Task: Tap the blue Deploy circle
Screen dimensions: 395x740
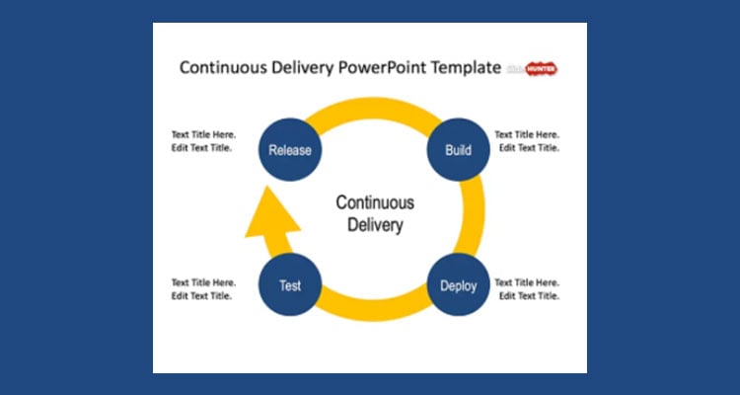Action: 458,285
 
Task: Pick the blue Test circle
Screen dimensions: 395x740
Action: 289,285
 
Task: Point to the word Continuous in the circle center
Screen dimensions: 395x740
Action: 375,202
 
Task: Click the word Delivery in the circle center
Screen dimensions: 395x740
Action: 375,225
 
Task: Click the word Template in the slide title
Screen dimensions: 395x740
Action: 467,68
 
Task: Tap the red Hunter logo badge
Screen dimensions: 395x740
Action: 542,69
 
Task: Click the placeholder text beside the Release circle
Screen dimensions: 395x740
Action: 202,141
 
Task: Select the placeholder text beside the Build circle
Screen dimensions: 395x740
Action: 527,141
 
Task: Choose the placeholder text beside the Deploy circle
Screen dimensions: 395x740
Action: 527,287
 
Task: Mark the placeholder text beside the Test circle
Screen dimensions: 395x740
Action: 202,288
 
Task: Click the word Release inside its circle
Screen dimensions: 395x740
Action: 290,151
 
